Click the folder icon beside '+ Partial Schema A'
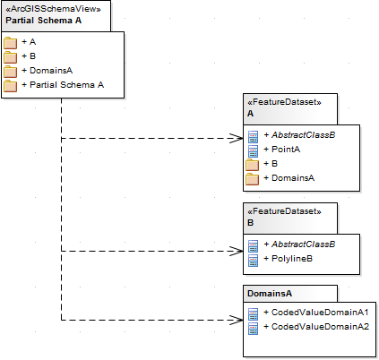10,85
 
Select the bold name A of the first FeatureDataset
250,114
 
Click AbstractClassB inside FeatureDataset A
299,135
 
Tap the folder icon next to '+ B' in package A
253,164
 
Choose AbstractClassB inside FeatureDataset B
299,244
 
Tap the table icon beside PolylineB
253,259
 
